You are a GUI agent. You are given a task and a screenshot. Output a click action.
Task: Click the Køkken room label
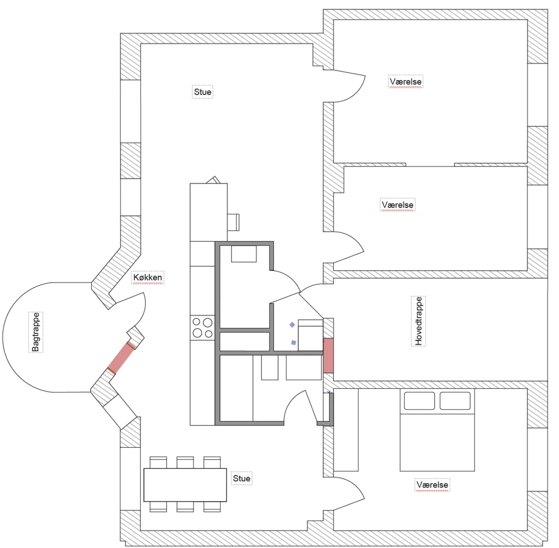pos(147,277)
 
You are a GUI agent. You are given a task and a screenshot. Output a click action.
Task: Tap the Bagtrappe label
pos(36,332)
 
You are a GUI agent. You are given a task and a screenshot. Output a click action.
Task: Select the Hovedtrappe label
pos(418,321)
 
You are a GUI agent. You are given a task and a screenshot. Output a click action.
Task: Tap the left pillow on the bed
pos(419,401)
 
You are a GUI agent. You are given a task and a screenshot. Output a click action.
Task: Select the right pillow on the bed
pos(455,401)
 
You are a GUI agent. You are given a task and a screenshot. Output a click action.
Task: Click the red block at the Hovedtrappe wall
pos(328,355)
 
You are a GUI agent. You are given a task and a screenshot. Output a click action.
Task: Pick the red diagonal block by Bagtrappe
pos(122,357)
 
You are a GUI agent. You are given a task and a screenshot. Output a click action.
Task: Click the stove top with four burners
pos(203,328)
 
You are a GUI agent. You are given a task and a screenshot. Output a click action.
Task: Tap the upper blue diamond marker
pos(292,325)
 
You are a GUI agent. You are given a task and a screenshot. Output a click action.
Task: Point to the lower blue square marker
pos(293,342)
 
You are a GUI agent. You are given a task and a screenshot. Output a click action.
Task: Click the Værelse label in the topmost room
pos(406,82)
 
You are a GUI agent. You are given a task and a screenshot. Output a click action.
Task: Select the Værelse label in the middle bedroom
pos(397,205)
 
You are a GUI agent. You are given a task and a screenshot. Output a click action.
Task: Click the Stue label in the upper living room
pos(203,92)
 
